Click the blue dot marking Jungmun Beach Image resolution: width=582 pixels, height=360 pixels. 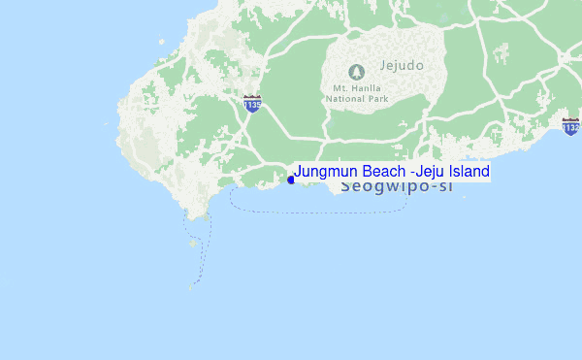[x=291, y=179]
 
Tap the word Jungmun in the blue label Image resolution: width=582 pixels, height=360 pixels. [x=325, y=172]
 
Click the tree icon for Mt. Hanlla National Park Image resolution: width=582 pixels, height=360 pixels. [x=356, y=72]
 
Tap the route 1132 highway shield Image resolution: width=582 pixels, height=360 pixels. [x=570, y=125]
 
